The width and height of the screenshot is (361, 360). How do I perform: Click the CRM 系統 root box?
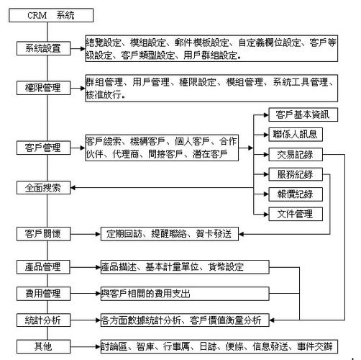click(51, 15)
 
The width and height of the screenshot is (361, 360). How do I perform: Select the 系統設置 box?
click(43, 48)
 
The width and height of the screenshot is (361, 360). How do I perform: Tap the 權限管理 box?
click(43, 88)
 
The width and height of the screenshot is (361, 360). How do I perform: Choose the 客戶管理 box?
click(43, 148)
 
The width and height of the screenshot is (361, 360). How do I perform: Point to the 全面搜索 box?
click(43, 187)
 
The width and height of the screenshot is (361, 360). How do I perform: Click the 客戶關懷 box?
click(43, 234)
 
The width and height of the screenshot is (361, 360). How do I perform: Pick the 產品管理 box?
click(43, 267)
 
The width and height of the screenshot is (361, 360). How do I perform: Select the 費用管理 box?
click(43, 294)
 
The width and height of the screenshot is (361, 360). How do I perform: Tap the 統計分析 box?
click(43, 320)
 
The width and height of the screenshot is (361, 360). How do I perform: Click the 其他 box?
click(43, 346)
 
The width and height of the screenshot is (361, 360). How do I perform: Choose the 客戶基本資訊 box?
click(303, 114)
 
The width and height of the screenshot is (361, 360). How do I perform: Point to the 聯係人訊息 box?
click(296, 135)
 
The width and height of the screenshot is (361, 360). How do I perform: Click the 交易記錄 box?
click(296, 154)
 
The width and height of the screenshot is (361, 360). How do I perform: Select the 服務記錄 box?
click(296, 174)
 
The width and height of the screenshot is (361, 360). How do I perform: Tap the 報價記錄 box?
click(296, 194)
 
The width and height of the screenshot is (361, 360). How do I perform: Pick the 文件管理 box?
click(296, 214)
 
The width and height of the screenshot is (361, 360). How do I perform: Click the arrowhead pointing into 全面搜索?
click(73, 187)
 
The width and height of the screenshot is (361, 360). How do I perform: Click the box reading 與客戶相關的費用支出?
click(185, 294)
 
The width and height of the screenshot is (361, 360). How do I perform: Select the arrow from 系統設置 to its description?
click(78, 48)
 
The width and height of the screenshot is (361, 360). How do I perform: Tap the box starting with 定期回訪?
click(170, 234)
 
